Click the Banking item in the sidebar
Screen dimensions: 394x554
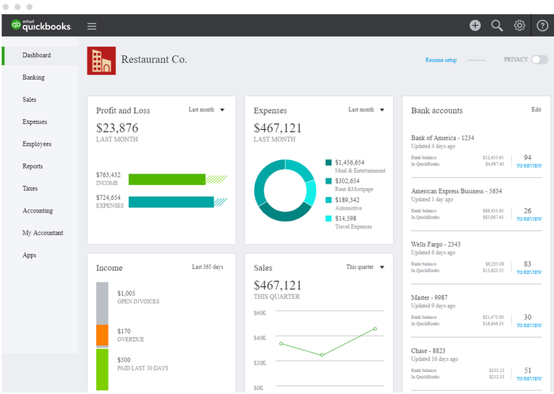pyautogui.click(x=33, y=77)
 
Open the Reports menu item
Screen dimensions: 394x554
pyautogui.click(x=33, y=166)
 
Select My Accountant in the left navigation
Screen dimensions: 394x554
pyautogui.click(x=43, y=232)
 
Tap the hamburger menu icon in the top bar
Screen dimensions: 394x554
pyautogui.click(x=92, y=26)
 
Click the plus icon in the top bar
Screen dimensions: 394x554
pyautogui.click(x=475, y=26)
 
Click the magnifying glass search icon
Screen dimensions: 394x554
pyautogui.click(x=497, y=26)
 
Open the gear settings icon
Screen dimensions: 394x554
pyautogui.click(x=519, y=26)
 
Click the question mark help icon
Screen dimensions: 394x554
pyautogui.click(x=542, y=26)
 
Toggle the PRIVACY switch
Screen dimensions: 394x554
pyautogui.click(x=539, y=60)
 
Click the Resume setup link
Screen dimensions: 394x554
pyautogui.click(x=441, y=60)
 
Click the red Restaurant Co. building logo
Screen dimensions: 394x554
pyautogui.click(x=101, y=61)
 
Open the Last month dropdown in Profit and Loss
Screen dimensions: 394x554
pyautogui.click(x=206, y=110)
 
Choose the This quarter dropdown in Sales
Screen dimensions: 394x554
pyautogui.click(x=365, y=267)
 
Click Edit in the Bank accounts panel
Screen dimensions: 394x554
pyautogui.click(x=536, y=110)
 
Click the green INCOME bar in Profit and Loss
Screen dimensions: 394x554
pyautogui.click(x=167, y=179)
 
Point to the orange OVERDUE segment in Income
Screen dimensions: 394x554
pyautogui.click(x=102, y=334)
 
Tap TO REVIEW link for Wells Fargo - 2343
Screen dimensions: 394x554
pyautogui.click(x=528, y=272)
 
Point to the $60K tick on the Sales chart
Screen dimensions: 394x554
pyautogui.click(x=259, y=313)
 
